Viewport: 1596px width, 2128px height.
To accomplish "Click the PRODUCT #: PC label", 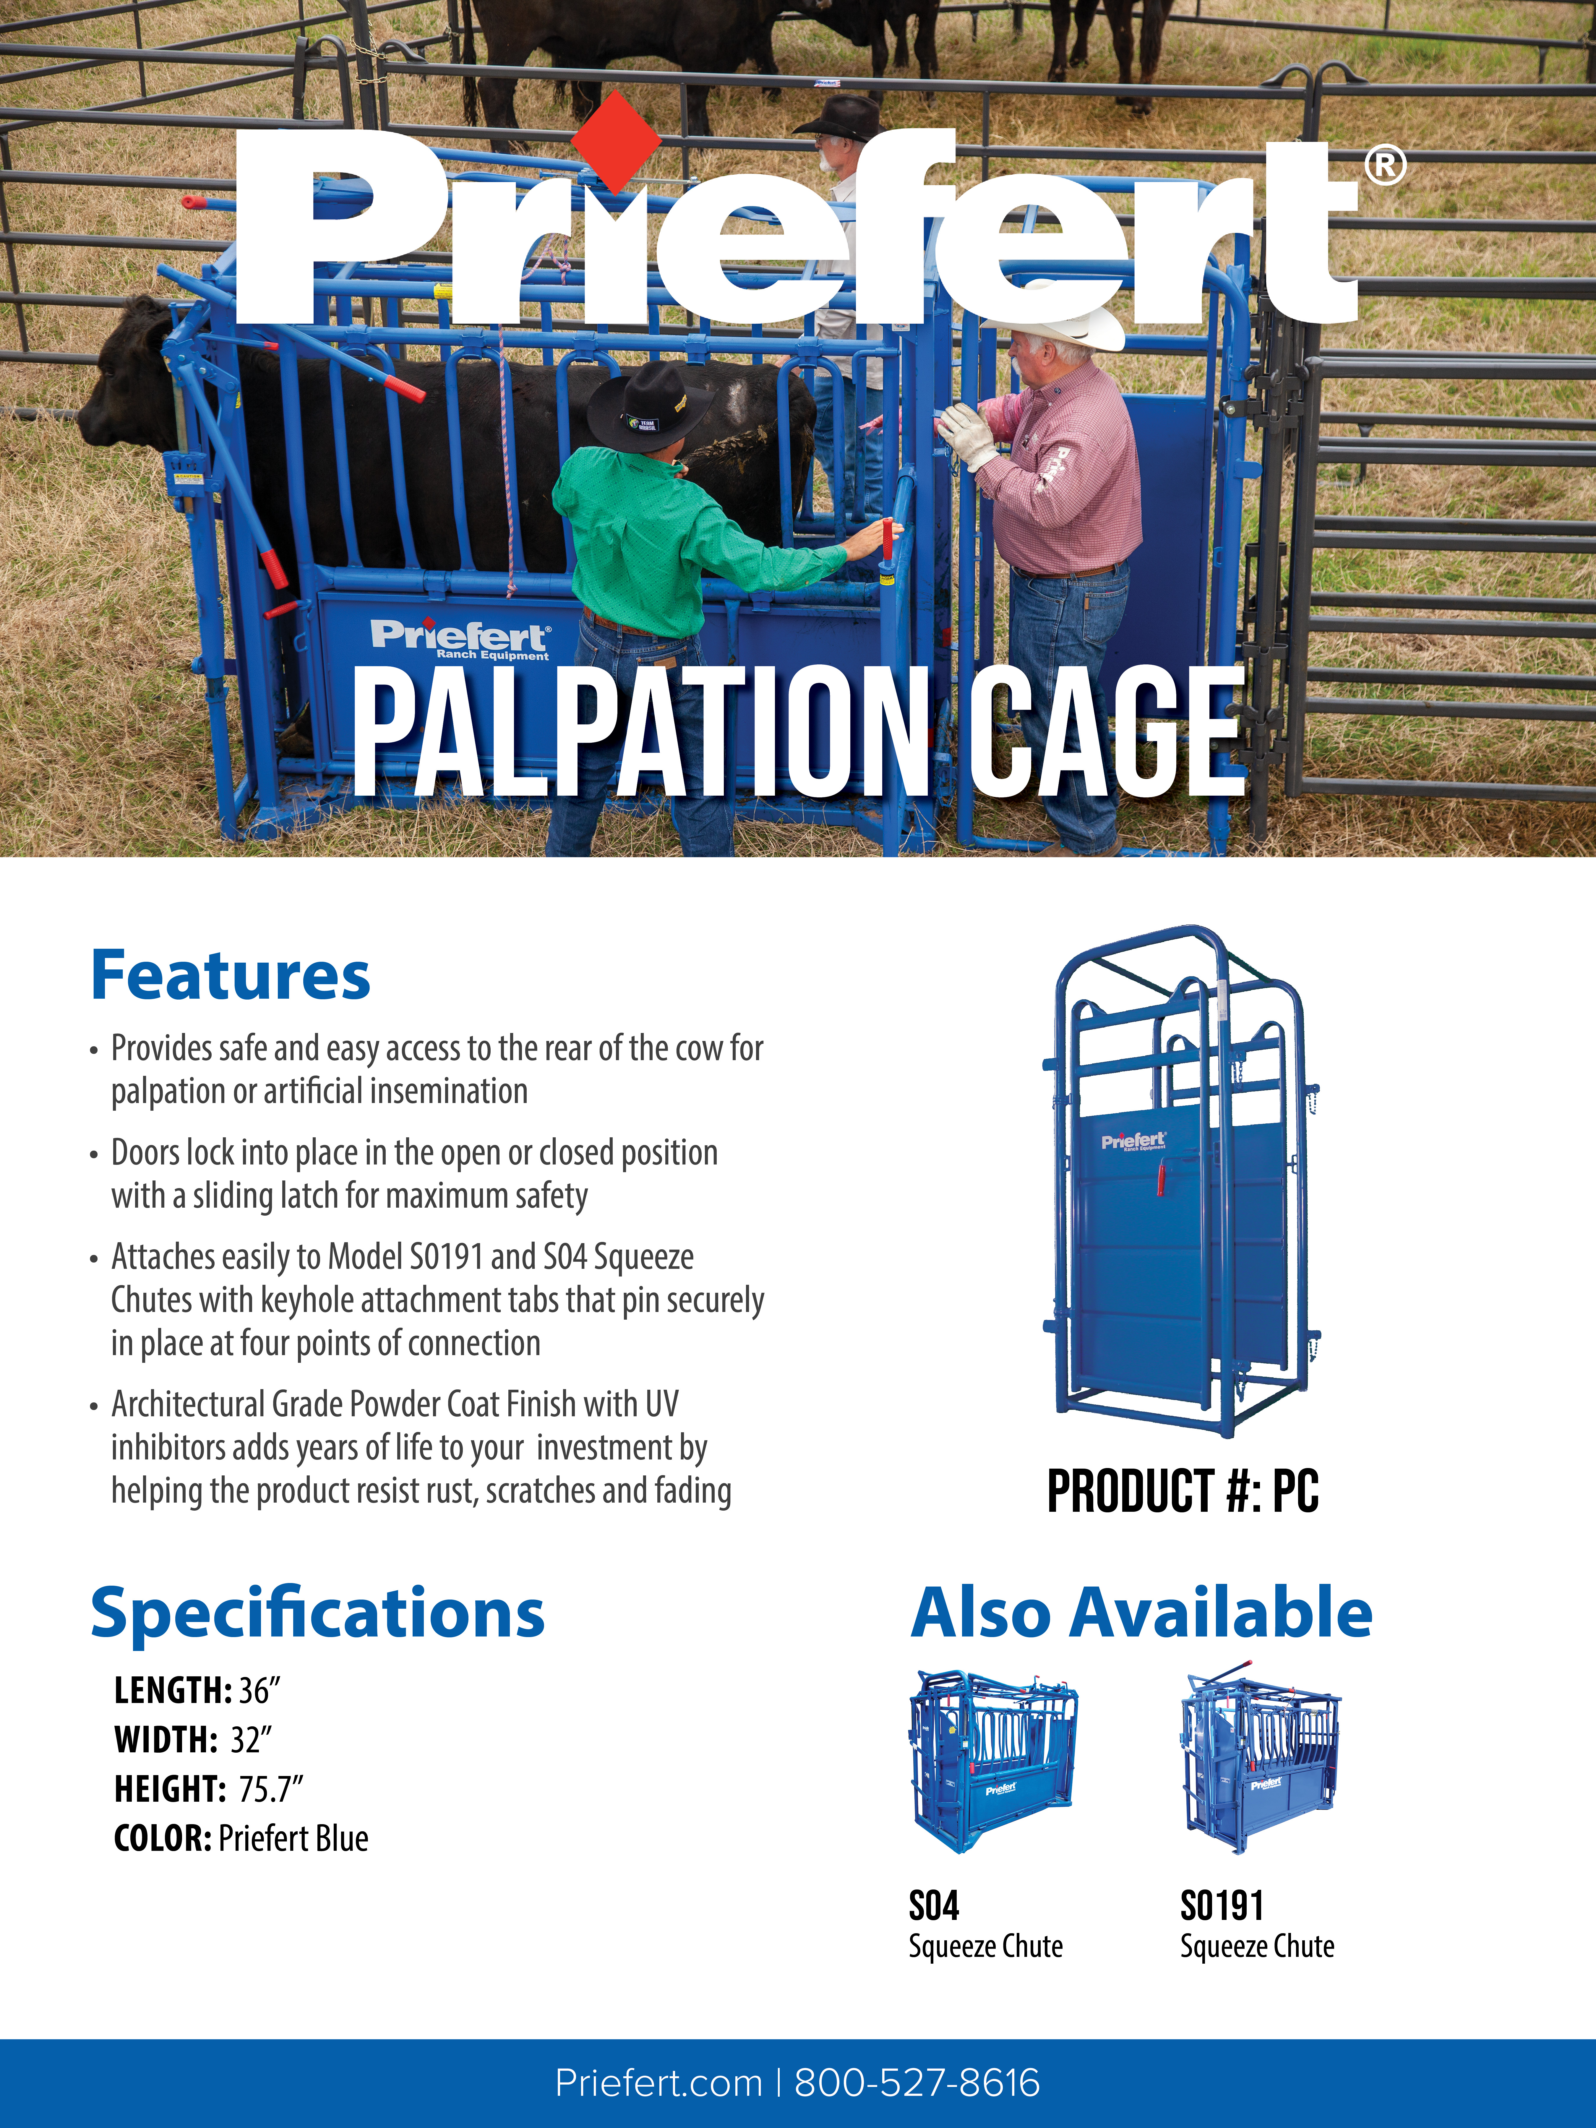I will point(1182,1491).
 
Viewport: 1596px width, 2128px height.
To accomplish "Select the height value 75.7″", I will point(270,1789).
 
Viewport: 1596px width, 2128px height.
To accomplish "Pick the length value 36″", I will point(259,1690).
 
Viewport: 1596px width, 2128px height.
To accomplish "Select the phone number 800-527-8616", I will point(917,2083).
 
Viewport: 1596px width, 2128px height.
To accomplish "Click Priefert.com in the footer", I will point(659,2083).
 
